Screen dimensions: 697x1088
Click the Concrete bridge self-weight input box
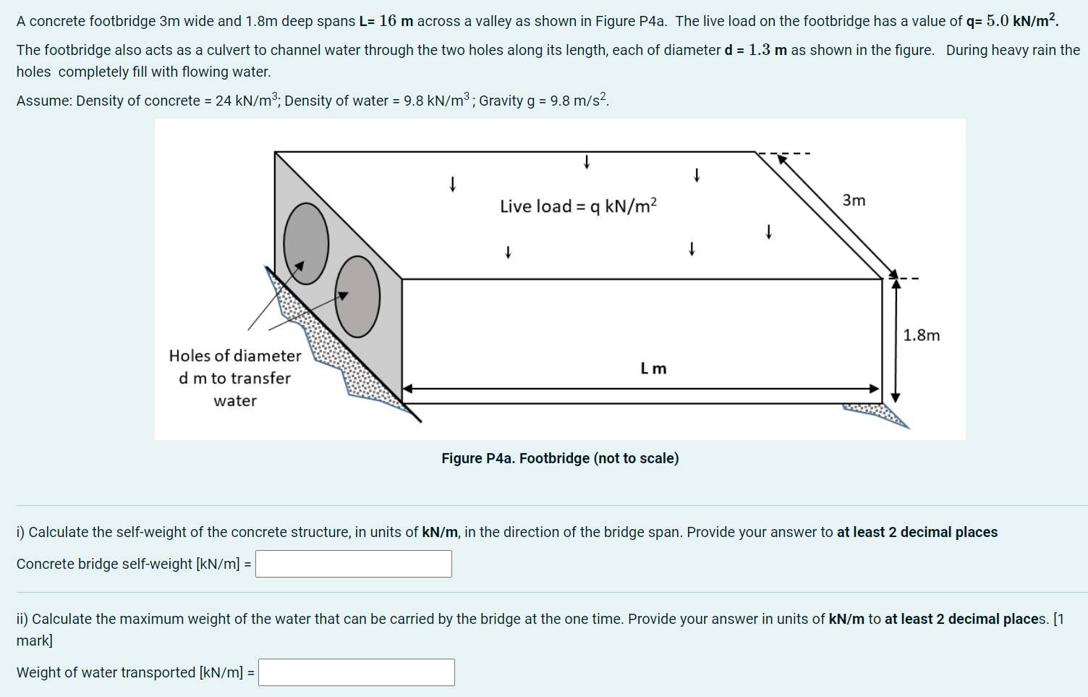354,564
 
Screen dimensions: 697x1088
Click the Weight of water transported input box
357,672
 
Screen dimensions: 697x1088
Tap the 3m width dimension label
854,200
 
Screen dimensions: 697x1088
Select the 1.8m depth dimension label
921,335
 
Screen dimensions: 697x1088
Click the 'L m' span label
653,368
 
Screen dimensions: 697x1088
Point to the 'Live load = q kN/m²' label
578,206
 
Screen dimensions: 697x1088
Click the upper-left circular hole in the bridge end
306,243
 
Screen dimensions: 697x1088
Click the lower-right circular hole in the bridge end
357,297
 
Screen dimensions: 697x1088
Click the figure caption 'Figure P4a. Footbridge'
560,458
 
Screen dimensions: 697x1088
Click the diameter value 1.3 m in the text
768,50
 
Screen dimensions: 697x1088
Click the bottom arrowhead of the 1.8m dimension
896,397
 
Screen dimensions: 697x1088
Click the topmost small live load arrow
587,161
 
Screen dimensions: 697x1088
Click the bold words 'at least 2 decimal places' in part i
917,532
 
